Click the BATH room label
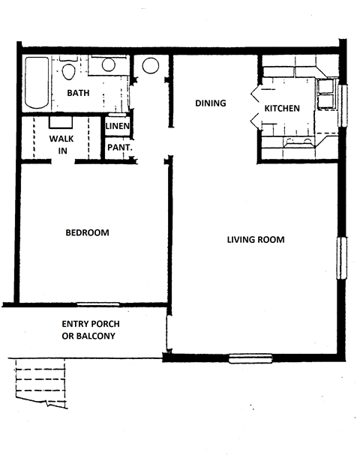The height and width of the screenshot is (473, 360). pyautogui.click(x=79, y=93)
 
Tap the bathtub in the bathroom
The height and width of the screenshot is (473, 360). pyautogui.click(x=34, y=83)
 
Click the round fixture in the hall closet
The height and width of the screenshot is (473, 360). pyautogui.click(x=151, y=65)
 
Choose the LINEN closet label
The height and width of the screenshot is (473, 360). pyautogui.click(x=118, y=126)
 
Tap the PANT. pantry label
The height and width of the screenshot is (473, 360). pyautogui.click(x=118, y=148)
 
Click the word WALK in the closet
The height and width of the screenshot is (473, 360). pyautogui.click(x=61, y=139)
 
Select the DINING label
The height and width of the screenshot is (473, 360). pyautogui.click(x=210, y=103)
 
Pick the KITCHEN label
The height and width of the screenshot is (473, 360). pyautogui.click(x=282, y=109)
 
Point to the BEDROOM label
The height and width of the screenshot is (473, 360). pyautogui.click(x=87, y=232)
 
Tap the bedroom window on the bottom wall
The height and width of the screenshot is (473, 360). pyautogui.click(x=97, y=304)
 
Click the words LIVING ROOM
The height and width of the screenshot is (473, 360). pyautogui.click(x=256, y=240)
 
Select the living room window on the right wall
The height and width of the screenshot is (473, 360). pyautogui.click(x=343, y=259)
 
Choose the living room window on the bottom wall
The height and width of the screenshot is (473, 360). pyautogui.click(x=250, y=358)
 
